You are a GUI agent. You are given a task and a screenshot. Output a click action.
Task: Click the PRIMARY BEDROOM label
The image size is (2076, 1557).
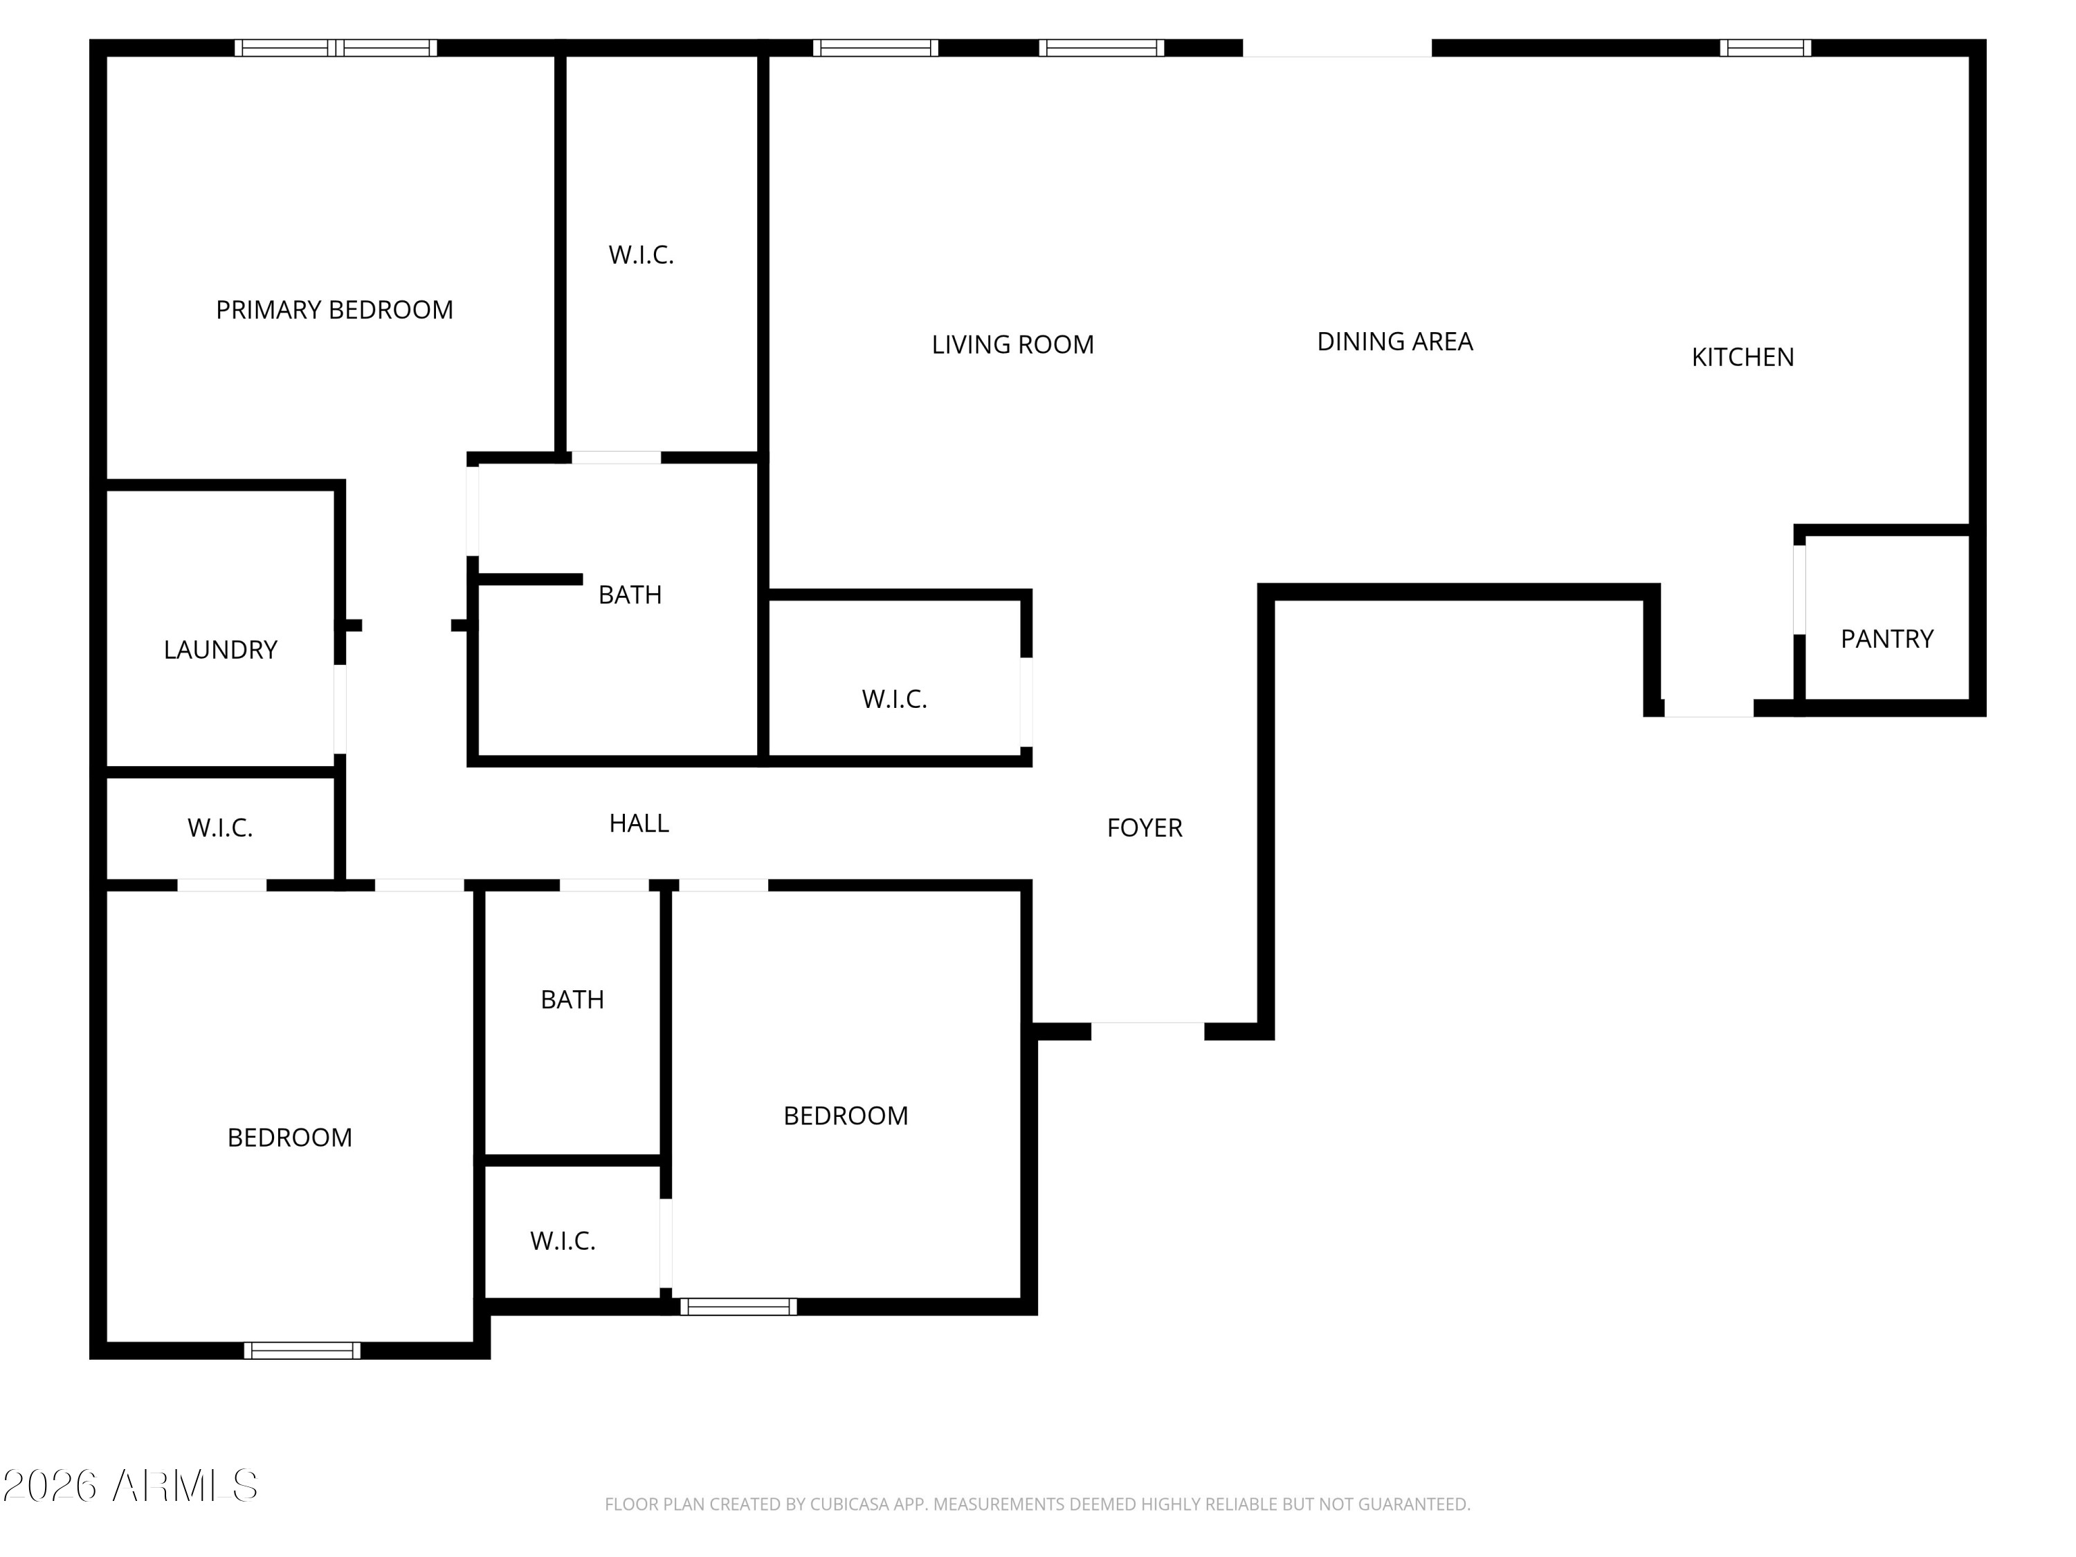(x=334, y=310)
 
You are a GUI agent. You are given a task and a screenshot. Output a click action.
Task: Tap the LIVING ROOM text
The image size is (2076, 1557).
(x=1012, y=345)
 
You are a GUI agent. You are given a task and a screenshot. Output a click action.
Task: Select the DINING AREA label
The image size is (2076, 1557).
(x=1394, y=342)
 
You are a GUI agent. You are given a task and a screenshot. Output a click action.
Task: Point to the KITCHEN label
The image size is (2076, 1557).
(x=1743, y=356)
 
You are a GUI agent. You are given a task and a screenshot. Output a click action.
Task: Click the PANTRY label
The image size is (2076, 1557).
(x=1886, y=639)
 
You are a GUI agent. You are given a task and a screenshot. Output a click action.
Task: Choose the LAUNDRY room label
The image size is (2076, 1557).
(x=221, y=650)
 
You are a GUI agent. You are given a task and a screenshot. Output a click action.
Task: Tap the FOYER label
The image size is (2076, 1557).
(x=1144, y=828)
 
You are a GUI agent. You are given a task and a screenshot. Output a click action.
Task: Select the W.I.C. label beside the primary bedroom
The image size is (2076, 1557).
(x=641, y=255)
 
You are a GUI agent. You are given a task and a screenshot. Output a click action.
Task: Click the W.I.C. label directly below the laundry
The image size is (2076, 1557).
(x=219, y=828)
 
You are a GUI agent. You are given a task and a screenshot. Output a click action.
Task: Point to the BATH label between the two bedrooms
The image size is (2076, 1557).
(x=572, y=999)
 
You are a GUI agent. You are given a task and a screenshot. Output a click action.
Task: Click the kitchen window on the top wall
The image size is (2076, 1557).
(x=1765, y=48)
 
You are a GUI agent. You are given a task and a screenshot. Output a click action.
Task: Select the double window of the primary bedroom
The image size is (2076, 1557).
(x=335, y=48)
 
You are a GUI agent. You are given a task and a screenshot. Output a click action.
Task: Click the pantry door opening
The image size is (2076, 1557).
(x=1799, y=590)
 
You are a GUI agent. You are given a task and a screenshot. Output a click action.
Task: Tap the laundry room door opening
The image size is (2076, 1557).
(x=340, y=709)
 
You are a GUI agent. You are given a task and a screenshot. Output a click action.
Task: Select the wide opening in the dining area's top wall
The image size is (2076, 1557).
(x=1338, y=48)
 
